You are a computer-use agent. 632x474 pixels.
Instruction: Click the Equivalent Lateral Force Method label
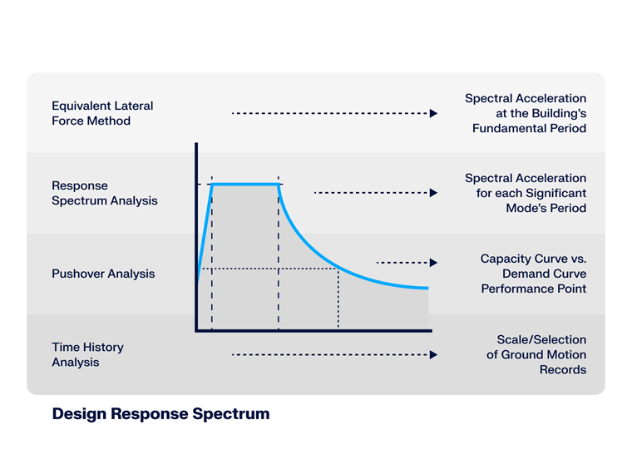102,113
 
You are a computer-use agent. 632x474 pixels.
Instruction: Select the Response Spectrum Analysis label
104,193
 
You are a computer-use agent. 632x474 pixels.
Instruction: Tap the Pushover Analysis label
103,274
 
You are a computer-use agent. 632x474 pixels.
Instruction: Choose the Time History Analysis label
87,354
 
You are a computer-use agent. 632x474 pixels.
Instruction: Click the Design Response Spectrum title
160,413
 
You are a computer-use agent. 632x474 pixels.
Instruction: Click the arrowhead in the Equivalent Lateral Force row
433,113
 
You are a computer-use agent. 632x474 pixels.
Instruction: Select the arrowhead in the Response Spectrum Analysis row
433,193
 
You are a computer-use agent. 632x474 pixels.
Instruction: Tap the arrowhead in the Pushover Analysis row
433,263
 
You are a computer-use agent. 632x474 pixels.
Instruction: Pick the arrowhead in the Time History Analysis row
433,354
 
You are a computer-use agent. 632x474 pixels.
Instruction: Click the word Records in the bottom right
563,369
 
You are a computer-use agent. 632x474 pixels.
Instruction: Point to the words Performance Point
533,289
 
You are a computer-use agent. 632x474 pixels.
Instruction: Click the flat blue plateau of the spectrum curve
245,184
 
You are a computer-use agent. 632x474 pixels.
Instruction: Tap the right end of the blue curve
426,288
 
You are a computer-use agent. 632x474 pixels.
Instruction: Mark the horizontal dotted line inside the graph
266,269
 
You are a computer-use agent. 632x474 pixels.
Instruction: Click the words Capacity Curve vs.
533,259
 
